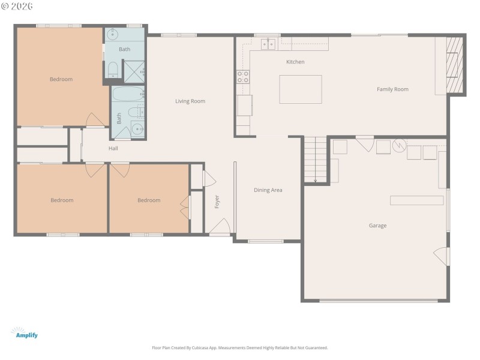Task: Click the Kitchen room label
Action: point(295,62)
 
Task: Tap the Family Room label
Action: point(392,89)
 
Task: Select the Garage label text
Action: point(377,226)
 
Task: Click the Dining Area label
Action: point(268,190)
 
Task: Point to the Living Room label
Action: point(190,101)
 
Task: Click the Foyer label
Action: point(217,202)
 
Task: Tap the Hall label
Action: point(113,148)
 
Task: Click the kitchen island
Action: point(301,89)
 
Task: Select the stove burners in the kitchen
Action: point(243,76)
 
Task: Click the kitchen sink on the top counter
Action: point(268,44)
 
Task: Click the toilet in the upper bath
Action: point(112,70)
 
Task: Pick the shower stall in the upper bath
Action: point(134,71)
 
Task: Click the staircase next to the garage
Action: point(315,160)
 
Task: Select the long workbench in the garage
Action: point(416,200)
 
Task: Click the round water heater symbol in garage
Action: point(399,145)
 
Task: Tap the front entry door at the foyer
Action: point(220,228)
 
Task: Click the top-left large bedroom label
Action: point(61,79)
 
